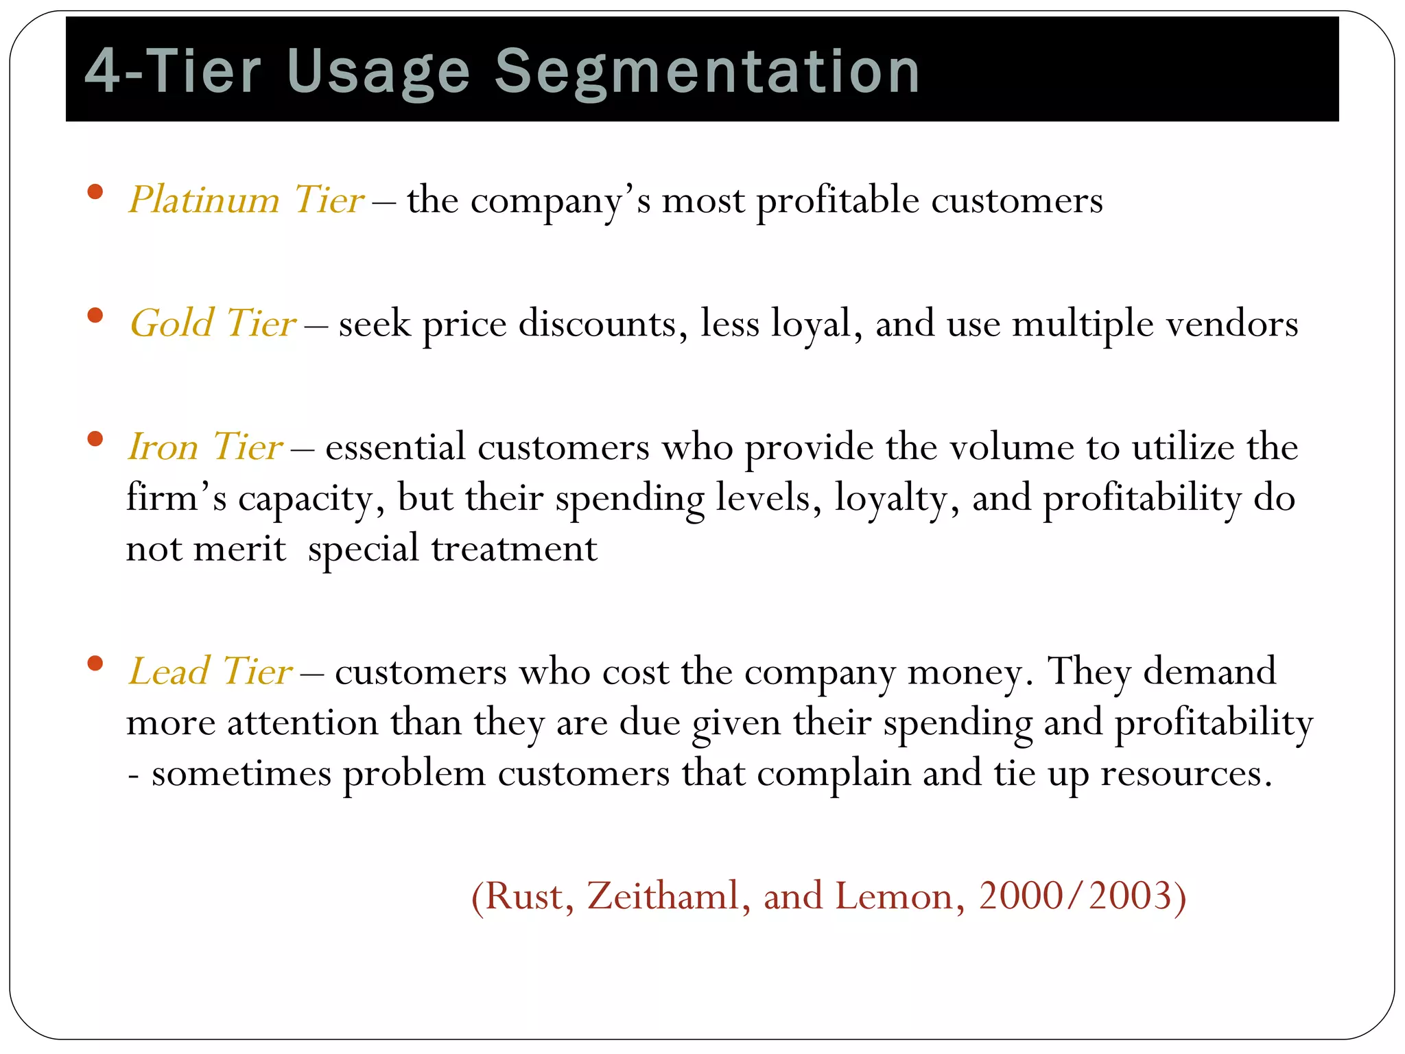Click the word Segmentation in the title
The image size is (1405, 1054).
tap(707, 72)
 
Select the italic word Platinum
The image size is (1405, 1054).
tap(204, 200)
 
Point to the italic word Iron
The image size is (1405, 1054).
tap(163, 447)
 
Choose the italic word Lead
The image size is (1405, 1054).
tap(169, 671)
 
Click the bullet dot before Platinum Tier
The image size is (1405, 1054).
tap(95, 191)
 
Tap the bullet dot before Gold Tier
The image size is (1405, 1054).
tap(95, 315)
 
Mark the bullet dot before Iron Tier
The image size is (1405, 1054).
tap(95, 438)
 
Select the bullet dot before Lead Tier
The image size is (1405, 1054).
tap(95, 663)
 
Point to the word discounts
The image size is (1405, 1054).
tap(597, 324)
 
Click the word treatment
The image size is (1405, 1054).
tap(514, 549)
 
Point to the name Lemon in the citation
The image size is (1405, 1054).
tap(894, 896)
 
